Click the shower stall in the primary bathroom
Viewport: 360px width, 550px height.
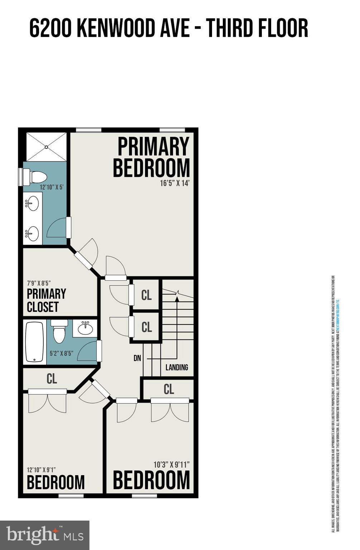[46, 147]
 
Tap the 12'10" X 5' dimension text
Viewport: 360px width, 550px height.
[52, 187]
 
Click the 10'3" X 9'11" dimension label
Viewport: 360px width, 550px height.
[171, 465]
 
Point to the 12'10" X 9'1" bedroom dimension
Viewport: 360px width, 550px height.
[41, 470]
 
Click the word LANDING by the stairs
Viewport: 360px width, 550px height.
[177, 367]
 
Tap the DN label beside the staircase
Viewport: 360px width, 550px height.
[137, 358]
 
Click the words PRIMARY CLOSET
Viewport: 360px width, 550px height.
[46, 300]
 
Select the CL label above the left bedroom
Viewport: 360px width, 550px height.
[52, 379]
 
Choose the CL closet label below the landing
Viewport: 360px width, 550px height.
[168, 389]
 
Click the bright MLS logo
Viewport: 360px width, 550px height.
[44, 535]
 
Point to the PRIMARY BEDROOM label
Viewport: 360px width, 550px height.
[152, 157]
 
